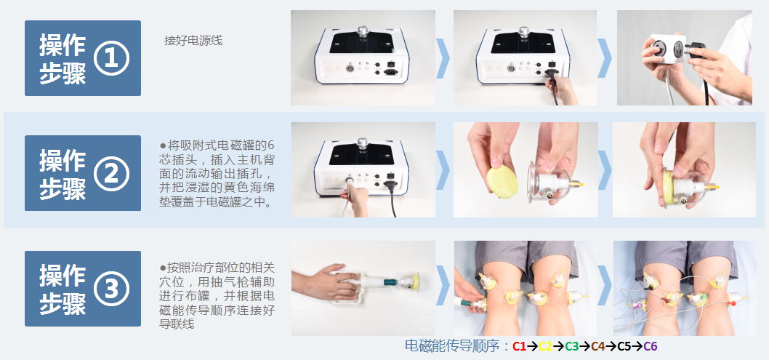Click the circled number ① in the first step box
(111, 58)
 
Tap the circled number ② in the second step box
(111, 173)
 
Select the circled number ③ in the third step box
(111, 289)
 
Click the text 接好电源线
(193, 40)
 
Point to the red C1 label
(519, 346)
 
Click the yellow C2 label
(545, 346)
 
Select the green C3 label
(571, 346)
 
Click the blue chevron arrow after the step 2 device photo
(443, 169)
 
